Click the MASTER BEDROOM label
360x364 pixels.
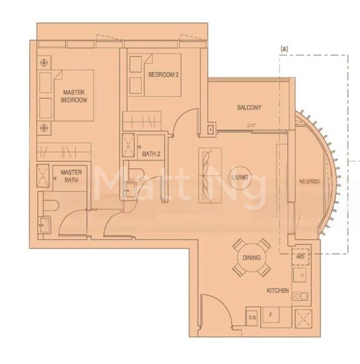[x=75, y=96]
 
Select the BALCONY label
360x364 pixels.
[x=249, y=108]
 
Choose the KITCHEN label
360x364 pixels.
[x=278, y=292]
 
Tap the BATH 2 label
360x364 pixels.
[x=152, y=154]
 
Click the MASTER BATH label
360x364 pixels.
[x=70, y=176]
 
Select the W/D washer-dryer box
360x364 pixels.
[x=301, y=257]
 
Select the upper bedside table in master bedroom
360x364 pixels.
[x=45, y=63]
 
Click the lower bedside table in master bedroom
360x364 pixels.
[x=45, y=128]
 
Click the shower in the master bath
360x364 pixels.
[x=44, y=175]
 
